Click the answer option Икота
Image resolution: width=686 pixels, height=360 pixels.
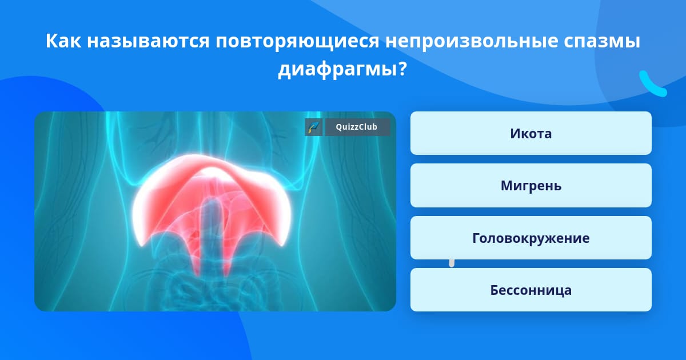coord(531,133)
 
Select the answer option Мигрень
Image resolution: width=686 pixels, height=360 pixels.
coord(531,186)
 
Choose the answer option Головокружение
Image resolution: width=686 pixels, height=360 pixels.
coord(531,238)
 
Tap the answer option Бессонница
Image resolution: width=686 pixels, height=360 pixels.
coord(531,290)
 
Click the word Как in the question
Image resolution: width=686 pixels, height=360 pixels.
coord(63,41)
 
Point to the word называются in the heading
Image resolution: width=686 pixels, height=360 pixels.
coord(148,41)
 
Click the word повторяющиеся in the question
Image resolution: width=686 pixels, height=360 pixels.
coord(297,42)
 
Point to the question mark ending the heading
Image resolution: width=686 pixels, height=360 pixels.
coord(402,69)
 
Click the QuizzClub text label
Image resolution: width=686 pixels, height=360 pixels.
coord(357,127)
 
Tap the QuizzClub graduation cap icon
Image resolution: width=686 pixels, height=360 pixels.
coord(314,127)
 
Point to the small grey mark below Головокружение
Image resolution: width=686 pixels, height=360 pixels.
coord(452,263)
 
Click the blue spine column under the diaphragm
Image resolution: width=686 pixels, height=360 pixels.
coord(212,233)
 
